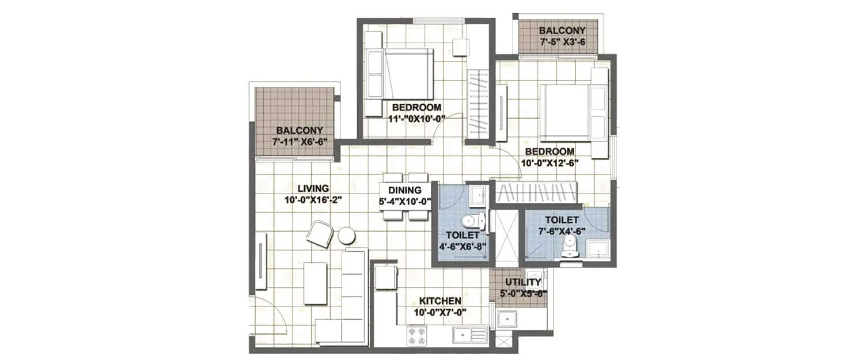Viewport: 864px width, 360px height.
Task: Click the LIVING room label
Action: pos(313,188)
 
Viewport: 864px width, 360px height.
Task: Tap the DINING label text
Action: pos(405,191)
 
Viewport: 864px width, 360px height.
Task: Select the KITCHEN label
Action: pos(439,301)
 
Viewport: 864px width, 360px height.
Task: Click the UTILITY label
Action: pos(522,282)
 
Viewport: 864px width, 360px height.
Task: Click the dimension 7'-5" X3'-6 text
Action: pos(562,42)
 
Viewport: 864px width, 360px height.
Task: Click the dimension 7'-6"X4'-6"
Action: pos(562,231)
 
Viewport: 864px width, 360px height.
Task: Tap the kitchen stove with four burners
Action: pos(416,336)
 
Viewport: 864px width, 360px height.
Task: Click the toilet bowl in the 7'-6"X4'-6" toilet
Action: pos(569,248)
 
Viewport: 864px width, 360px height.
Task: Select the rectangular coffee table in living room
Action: pos(315,283)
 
